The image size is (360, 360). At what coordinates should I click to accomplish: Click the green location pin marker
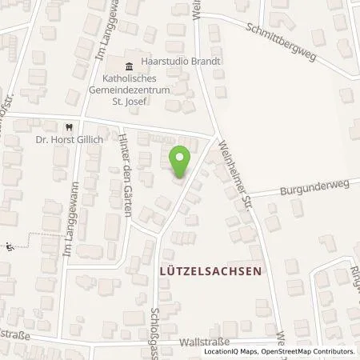181,162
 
